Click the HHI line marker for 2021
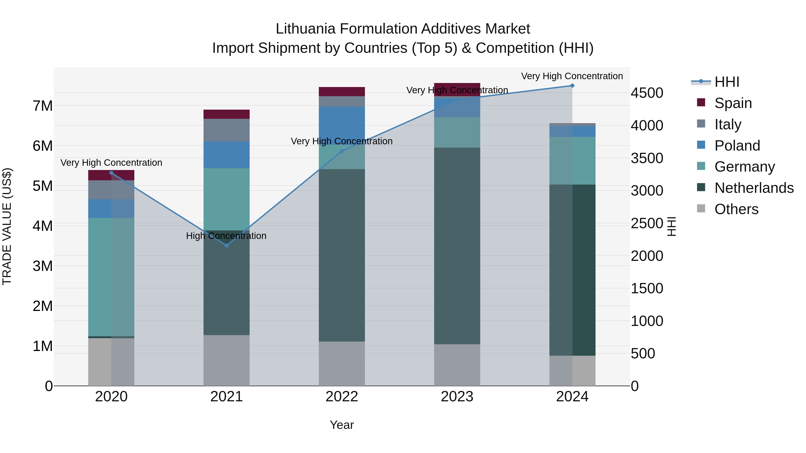tap(227, 245)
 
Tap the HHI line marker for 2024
tap(572, 85)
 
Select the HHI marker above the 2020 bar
tap(111, 173)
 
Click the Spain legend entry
tap(733, 103)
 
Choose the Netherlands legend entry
tap(753, 188)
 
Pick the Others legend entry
tap(736, 209)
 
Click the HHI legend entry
tap(727, 82)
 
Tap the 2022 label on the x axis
tap(342, 397)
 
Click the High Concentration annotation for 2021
tap(226, 236)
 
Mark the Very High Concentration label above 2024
tap(572, 76)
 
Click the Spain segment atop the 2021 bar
tap(227, 114)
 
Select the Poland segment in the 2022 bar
tap(342, 125)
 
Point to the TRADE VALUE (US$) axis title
tap(7, 226)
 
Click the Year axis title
tap(342, 425)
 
